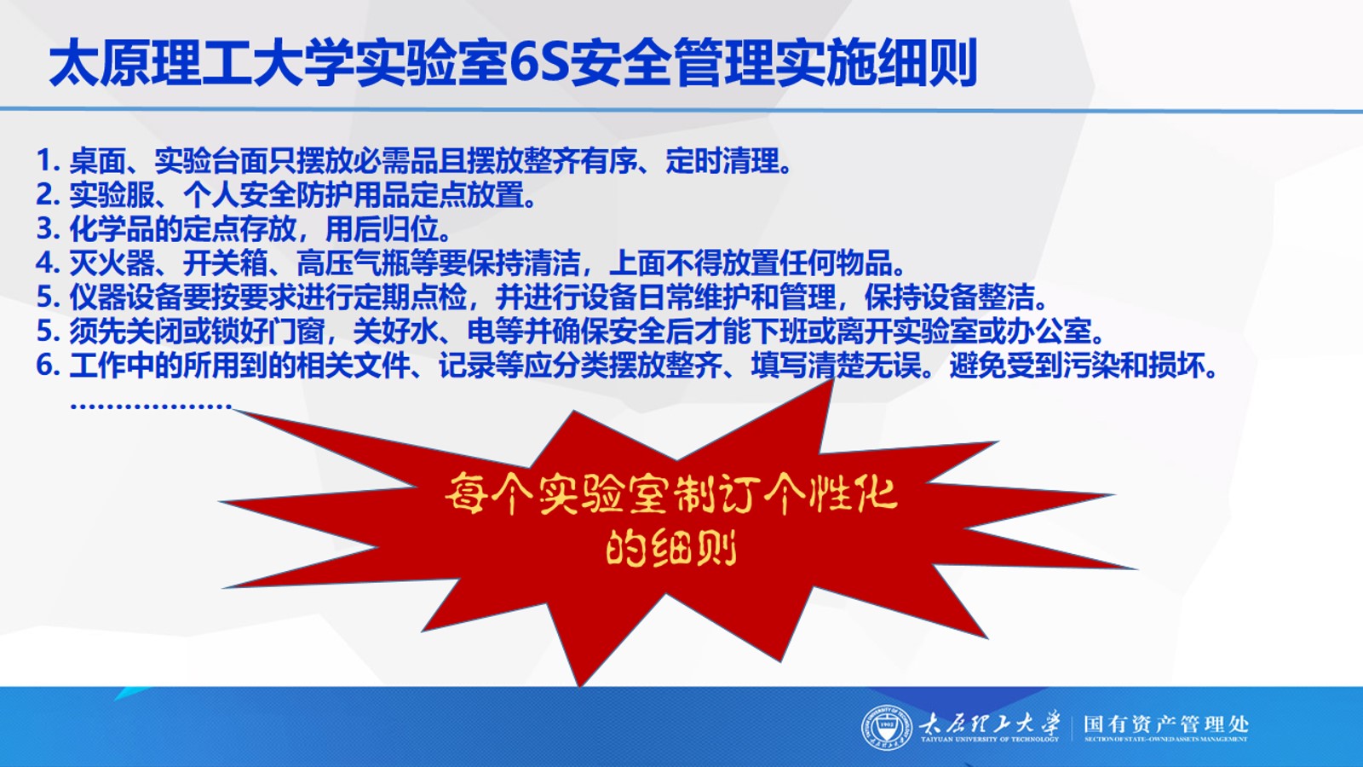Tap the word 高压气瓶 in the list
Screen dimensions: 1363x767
tap(353, 263)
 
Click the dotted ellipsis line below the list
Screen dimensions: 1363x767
tap(151, 406)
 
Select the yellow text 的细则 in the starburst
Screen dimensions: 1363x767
tap(671, 548)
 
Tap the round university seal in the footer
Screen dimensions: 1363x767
tap(887, 728)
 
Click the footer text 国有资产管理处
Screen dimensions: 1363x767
tap(1166, 724)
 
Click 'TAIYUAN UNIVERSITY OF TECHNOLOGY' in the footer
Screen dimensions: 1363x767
tap(989, 740)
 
